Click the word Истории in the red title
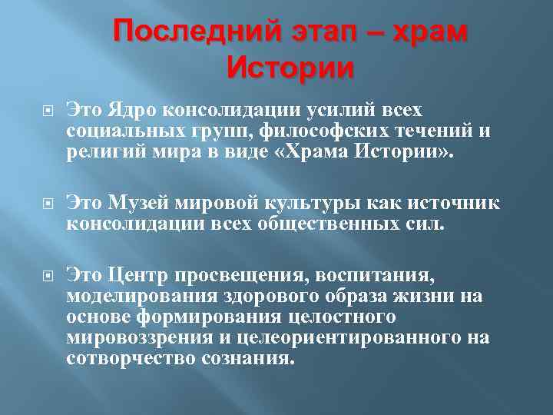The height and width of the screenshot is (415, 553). [x=291, y=69]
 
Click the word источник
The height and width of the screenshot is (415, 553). [x=448, y=204]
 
